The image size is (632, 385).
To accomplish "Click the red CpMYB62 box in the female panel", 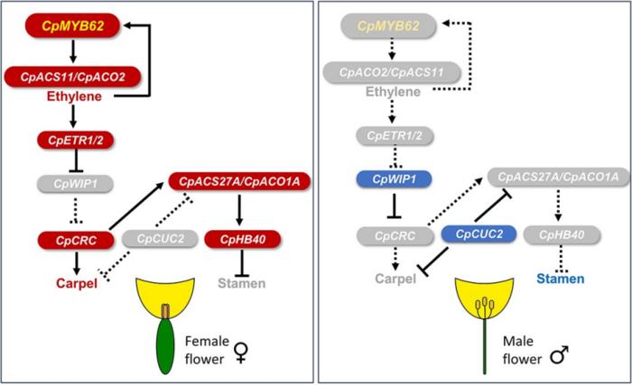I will coord(72,26).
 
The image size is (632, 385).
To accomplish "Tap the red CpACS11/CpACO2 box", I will coord(72,77).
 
